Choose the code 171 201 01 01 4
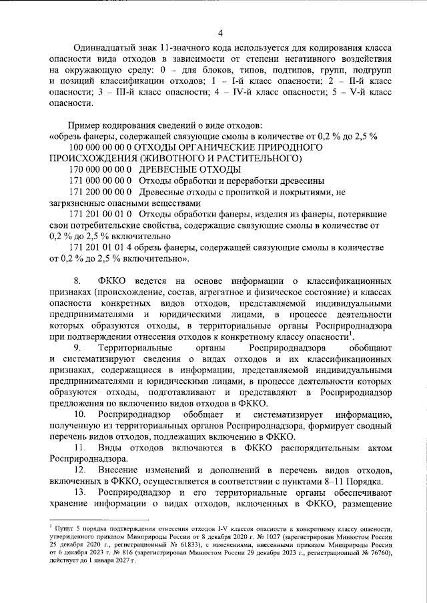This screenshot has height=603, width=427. coord(100,248)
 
